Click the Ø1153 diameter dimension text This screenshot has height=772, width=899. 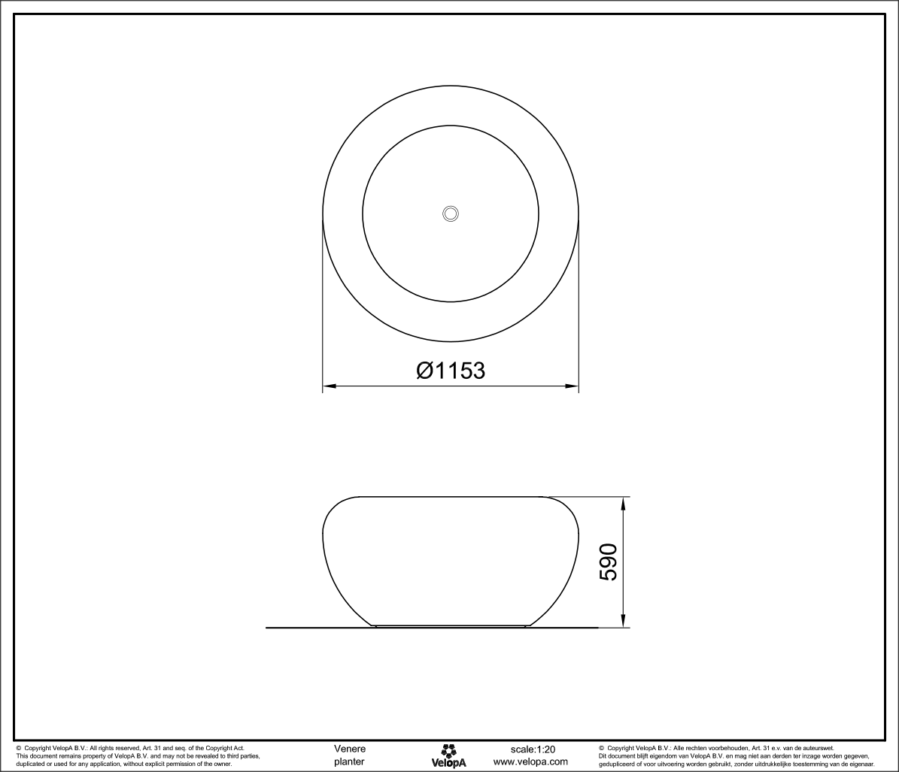[x=451, y=370]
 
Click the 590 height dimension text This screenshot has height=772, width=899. [x=608, y=562]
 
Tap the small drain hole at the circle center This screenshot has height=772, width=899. [x=451, y=213]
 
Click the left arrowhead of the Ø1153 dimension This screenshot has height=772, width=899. [x=329, y=386]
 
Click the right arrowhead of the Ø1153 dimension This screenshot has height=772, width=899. [x=573, y=386]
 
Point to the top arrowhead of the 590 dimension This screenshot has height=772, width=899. [x=624, y=502]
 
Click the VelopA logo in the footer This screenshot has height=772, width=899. [x=449, y=755]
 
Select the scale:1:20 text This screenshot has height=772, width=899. [x=533, y=749]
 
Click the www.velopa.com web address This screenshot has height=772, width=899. [x=530, y=761]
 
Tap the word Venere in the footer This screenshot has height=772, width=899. [x=350, y=749]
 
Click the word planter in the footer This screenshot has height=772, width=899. [x=349, y=761]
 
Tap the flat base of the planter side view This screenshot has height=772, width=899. [x=451, y=625]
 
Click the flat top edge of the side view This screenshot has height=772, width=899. [x=451, y=497]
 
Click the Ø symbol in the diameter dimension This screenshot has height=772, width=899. [x=425, y=370]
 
